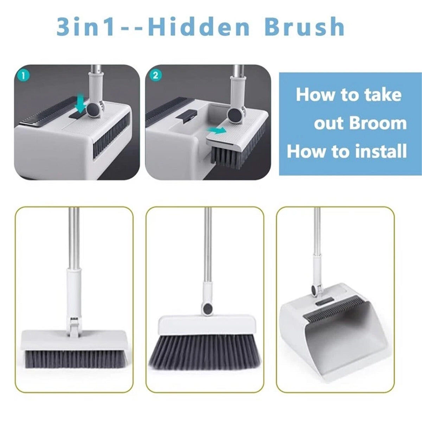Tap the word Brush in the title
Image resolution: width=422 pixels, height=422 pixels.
point(305,27)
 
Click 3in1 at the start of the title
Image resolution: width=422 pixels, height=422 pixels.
point(85,27)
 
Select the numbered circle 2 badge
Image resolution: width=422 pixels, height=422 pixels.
point(155,76)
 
